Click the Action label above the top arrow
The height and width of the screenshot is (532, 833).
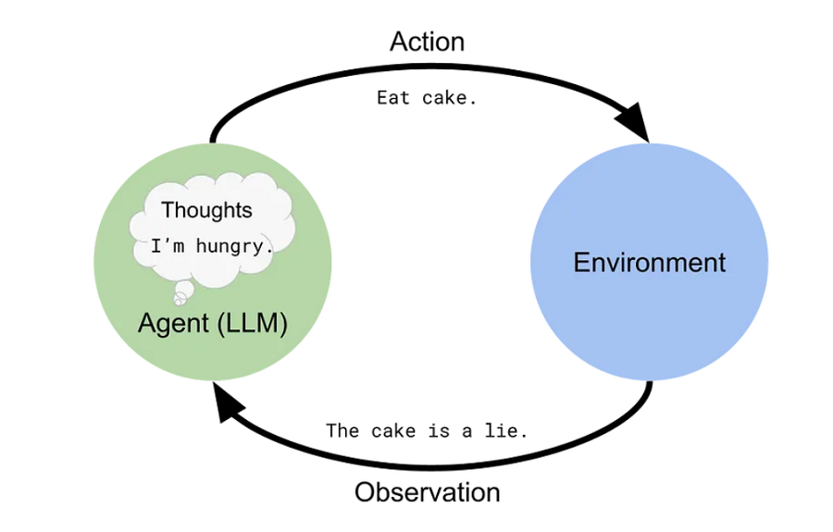tap(427, 42)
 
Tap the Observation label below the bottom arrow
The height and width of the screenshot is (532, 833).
tap(427, 491)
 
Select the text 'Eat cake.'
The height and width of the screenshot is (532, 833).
tap(427, 97)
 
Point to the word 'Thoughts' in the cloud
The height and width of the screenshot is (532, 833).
tap(206, 210)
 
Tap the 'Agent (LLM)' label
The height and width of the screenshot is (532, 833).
tap(213, 324)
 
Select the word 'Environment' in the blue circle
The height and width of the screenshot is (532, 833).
tap(649, 262)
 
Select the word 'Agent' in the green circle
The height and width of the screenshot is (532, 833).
tap(174, 324)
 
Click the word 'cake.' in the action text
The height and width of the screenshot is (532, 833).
tap(449, 97)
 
